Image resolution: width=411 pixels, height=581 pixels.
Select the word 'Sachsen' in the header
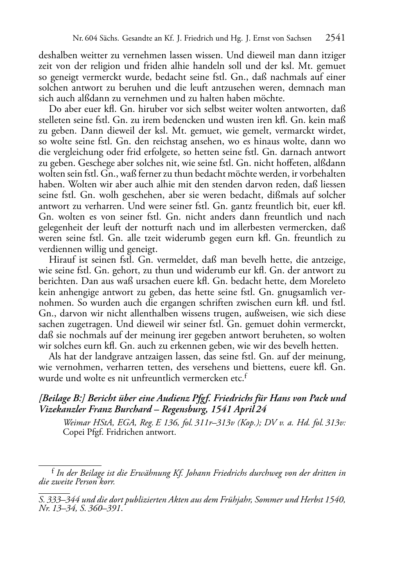(x=298, y=39)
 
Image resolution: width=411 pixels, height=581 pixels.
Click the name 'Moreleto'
(x=327, y=281)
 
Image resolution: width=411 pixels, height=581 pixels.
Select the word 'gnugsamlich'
(x=306, y=292)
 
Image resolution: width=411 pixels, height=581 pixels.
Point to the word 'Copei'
(x=74, y=432)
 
